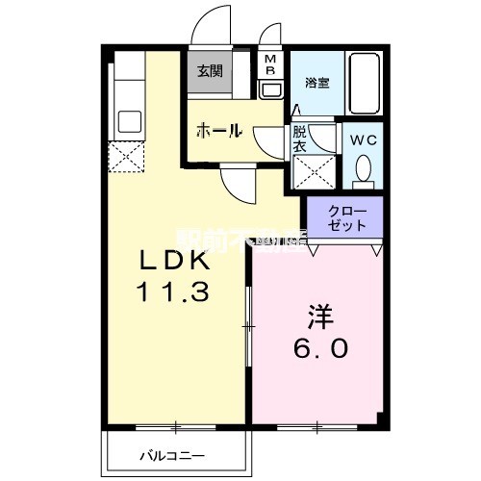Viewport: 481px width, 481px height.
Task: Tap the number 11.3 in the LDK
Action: (174, 291)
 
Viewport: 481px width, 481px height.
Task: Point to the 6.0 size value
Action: (320, 347)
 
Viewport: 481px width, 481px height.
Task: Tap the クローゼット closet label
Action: (345, 217)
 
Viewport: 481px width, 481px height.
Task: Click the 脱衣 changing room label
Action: (300, 140)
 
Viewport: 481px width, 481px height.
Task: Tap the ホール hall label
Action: (218, 132)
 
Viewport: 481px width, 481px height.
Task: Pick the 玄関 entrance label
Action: (210, 70)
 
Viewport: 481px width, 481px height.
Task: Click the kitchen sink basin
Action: (127, 123)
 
